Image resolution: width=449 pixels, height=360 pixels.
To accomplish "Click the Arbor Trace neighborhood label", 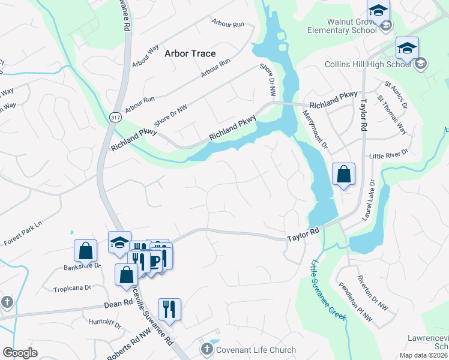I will [x=190, y=53].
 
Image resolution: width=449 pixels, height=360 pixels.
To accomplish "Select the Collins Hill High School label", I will [x=368, y=64].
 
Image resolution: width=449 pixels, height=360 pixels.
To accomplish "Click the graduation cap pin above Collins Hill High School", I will [x=407, y=48].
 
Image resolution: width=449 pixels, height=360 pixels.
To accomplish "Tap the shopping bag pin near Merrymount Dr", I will [x=343, y=175].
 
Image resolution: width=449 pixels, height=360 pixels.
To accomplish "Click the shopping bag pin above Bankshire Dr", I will [x=86, y=251].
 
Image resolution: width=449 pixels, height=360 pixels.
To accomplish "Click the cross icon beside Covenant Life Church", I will [x=206, y=349].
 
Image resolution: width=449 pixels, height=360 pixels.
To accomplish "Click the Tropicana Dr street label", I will [x=72, y=288].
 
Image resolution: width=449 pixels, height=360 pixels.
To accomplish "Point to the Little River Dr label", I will [x=388, y=154].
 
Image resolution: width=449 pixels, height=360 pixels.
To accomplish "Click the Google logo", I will [x=20, y=353].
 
